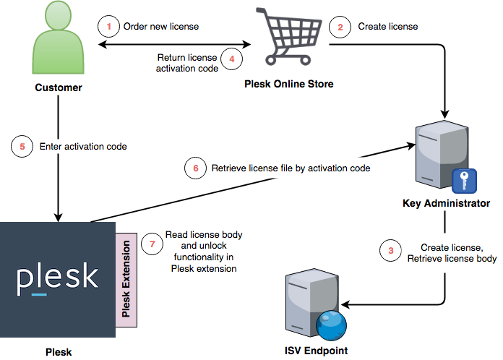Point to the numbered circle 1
(x=108, y=27)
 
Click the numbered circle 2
(x=338, y=27)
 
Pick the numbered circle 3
(x=391, y=252)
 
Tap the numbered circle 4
(x=231, y=59)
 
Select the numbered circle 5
(x=22, y=146)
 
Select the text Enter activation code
(x=83, y=146)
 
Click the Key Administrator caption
(x=446, y=203)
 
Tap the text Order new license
(x=160, y=27)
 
